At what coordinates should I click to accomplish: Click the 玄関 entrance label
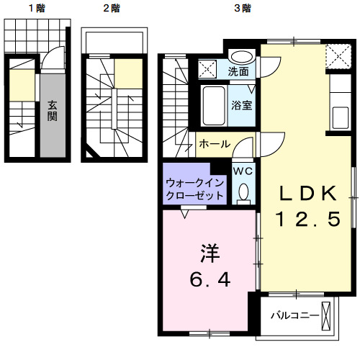pyautogui.click(x=53, y=110)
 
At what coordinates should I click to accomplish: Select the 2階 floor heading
pyautogui.click(x=111, y=9)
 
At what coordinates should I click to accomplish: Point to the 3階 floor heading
pyautogui.click(x=242, y=9)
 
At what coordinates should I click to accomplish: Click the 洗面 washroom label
pyautogui.click(x=239, y=71)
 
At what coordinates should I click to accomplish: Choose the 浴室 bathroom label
pyautogui.click(x=240, y=105)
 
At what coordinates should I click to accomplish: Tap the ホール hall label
pyautogui.click(x=215, y=144)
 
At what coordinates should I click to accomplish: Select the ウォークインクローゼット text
pyautogui.click(x=194, y=189)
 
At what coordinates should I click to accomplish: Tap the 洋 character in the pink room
pyautogui.click(x=209, y=253)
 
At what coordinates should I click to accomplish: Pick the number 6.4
pyautogui.click(x=210, y=279)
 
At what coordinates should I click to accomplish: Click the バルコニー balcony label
pyautogui.click(x=291, y=315)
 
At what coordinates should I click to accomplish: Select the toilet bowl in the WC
pyautogui.click(x=243, y=192)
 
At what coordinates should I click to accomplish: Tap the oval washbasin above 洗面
pyautogui.click(x=241, y=55)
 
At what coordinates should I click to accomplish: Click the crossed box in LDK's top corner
pyautogui.click(x=335, y=55)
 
